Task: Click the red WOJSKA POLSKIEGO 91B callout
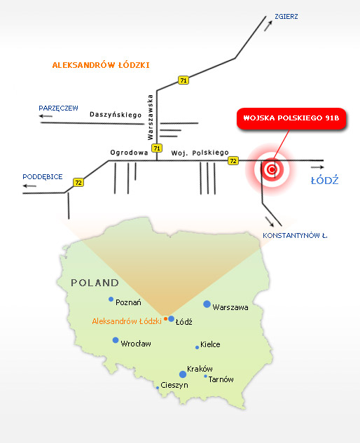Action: (x=291, y=118)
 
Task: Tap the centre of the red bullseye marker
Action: (x=271, y=169)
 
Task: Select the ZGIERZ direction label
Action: (x=288, y=15)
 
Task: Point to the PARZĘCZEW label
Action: (x=59, y=108)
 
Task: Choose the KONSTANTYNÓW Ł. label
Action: (x=295, y=236)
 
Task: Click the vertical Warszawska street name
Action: (x=150, y=114)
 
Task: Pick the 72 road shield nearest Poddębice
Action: (x=78, y=183)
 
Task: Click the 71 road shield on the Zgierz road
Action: (x=184, y=80)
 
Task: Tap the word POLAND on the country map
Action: (x=95, y=283)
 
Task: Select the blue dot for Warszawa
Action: (x=207, y=304)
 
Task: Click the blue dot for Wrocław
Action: (x=116, y=340)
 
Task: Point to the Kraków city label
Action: (x=202, y=369)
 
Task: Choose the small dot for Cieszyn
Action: (x=157, y=386)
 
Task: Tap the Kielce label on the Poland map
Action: (x=210, y=344)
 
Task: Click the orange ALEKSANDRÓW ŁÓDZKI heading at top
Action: (x=101, y=65)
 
